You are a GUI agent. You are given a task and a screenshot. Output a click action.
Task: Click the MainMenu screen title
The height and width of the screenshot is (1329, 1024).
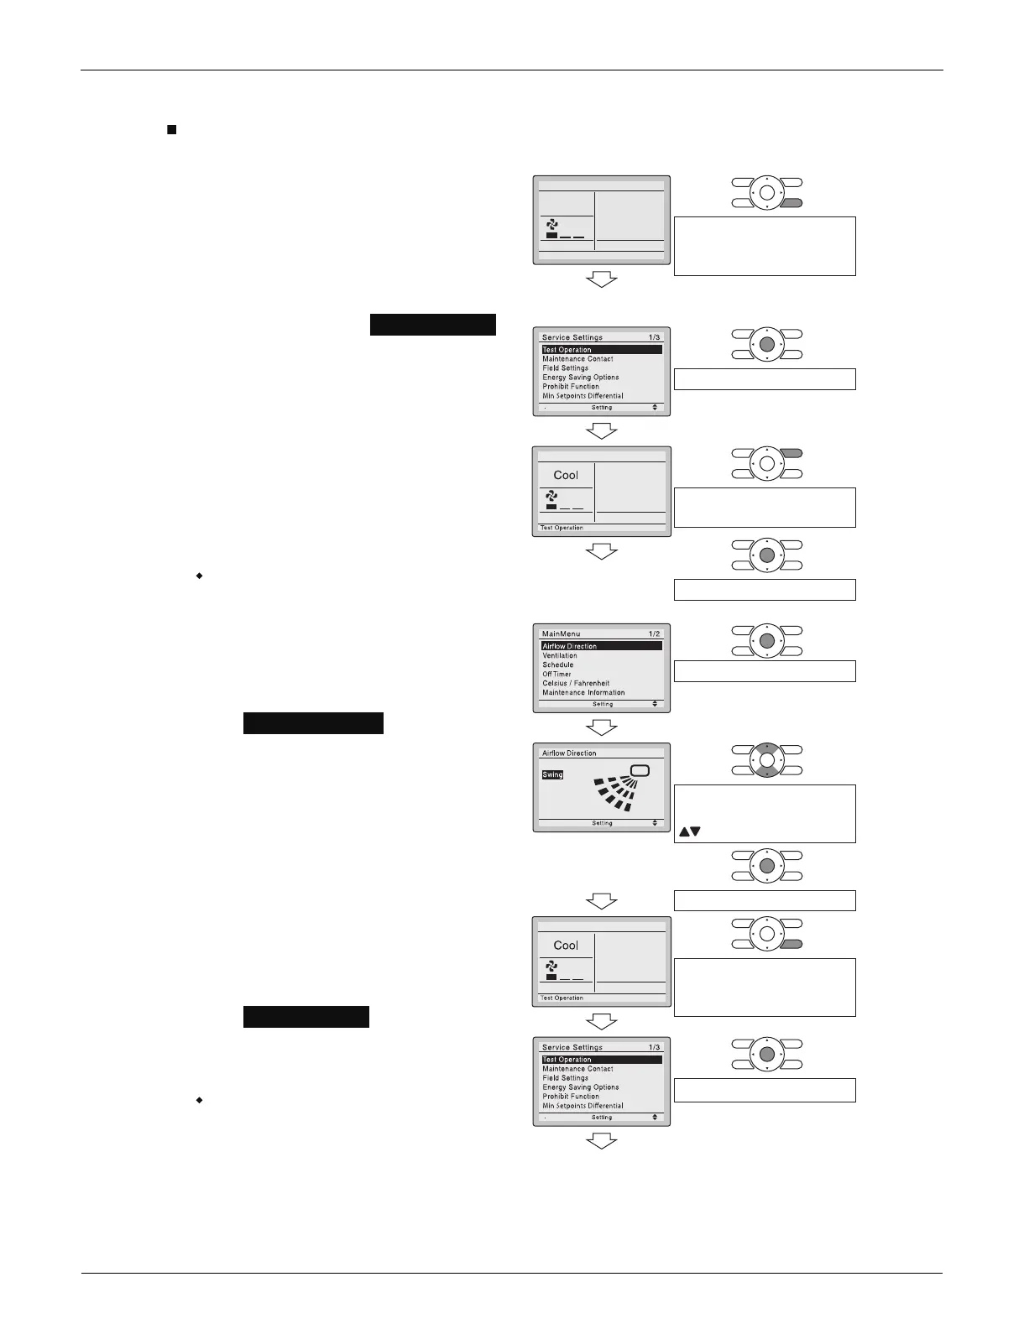[x=561, y=633]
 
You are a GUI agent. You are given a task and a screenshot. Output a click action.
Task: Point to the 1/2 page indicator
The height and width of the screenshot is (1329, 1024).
[x=654, y=633]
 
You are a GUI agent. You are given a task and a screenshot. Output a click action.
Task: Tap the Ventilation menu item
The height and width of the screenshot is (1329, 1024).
[x=560, y=655]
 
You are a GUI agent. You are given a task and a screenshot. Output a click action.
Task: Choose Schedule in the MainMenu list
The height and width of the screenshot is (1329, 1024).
[x=558, y=664]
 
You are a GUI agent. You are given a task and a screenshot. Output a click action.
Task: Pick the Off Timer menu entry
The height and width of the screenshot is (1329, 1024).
[x=556, y=674]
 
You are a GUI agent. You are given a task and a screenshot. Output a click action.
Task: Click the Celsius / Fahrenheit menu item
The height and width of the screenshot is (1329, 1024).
[x=576, y=683]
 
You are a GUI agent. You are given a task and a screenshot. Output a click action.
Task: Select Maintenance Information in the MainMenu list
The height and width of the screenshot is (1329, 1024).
[x=583, y=692]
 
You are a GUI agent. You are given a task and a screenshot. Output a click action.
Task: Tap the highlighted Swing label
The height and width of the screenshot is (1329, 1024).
[x=552, y=774]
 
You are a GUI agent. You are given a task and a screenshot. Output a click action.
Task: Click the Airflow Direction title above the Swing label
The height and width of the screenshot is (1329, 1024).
[x=569, y=753]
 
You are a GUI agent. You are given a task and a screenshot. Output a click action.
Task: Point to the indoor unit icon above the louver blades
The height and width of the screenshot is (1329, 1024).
[x=640, y=770]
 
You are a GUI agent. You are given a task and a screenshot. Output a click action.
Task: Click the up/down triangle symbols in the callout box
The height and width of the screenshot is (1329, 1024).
[x=689, y=831]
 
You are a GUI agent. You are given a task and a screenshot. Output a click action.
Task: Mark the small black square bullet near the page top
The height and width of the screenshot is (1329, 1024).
[x=171, y=130]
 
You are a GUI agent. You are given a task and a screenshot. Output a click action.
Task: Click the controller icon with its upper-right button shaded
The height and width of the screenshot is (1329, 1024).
[x=766, y=463]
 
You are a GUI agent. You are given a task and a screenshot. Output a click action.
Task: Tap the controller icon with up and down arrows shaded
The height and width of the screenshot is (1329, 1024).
[x=766, y=760]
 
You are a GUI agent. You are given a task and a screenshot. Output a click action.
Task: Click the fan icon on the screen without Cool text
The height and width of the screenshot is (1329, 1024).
[x=552, y=224]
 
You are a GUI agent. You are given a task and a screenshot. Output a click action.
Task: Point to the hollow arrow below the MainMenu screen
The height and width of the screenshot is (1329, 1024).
[x=602, y=727]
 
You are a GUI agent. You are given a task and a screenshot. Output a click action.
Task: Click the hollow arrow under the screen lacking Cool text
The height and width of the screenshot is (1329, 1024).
[x=602, y=279]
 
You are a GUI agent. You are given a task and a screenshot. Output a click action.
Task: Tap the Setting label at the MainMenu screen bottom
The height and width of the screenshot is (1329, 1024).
[x=603, y=704]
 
